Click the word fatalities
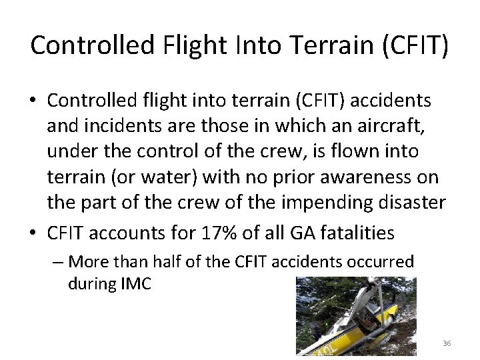pos(361,233)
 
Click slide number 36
pos(446,343)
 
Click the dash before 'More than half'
pos(58,262)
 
